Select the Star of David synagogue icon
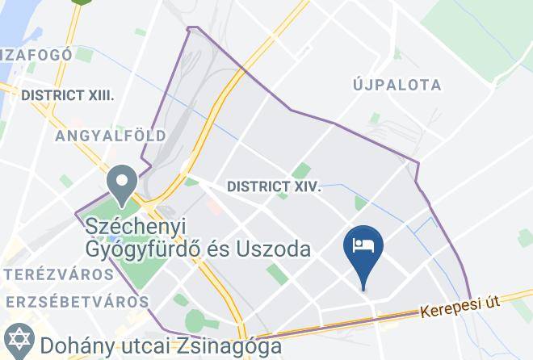[16, 338]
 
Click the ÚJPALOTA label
[397, 85]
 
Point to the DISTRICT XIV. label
[274, 186]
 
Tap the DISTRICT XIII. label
[68, 95]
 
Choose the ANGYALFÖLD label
[111, 136]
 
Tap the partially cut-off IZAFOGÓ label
[36, 55]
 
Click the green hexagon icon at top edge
[79, 2]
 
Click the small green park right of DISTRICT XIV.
[360, 203]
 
